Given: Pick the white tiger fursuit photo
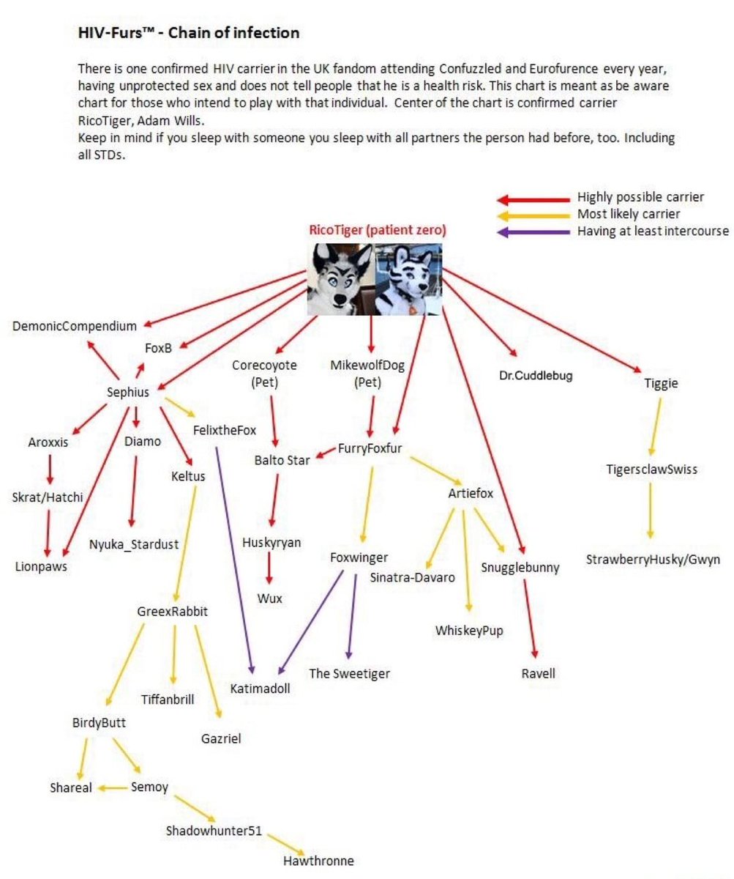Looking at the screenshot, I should (408, 279).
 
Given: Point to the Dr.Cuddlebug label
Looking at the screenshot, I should (536, 376).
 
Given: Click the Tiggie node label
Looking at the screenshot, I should (661, 383).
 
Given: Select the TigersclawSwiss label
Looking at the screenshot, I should (651, 470).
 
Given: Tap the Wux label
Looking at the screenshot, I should (269, 598).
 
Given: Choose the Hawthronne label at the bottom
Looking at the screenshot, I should (318, 861).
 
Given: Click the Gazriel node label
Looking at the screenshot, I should (221, 739).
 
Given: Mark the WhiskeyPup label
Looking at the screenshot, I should (469, 631).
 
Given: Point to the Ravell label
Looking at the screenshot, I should (538, 673).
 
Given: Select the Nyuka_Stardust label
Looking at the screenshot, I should (134, 544).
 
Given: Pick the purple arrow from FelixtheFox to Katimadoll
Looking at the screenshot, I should (234, 557).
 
